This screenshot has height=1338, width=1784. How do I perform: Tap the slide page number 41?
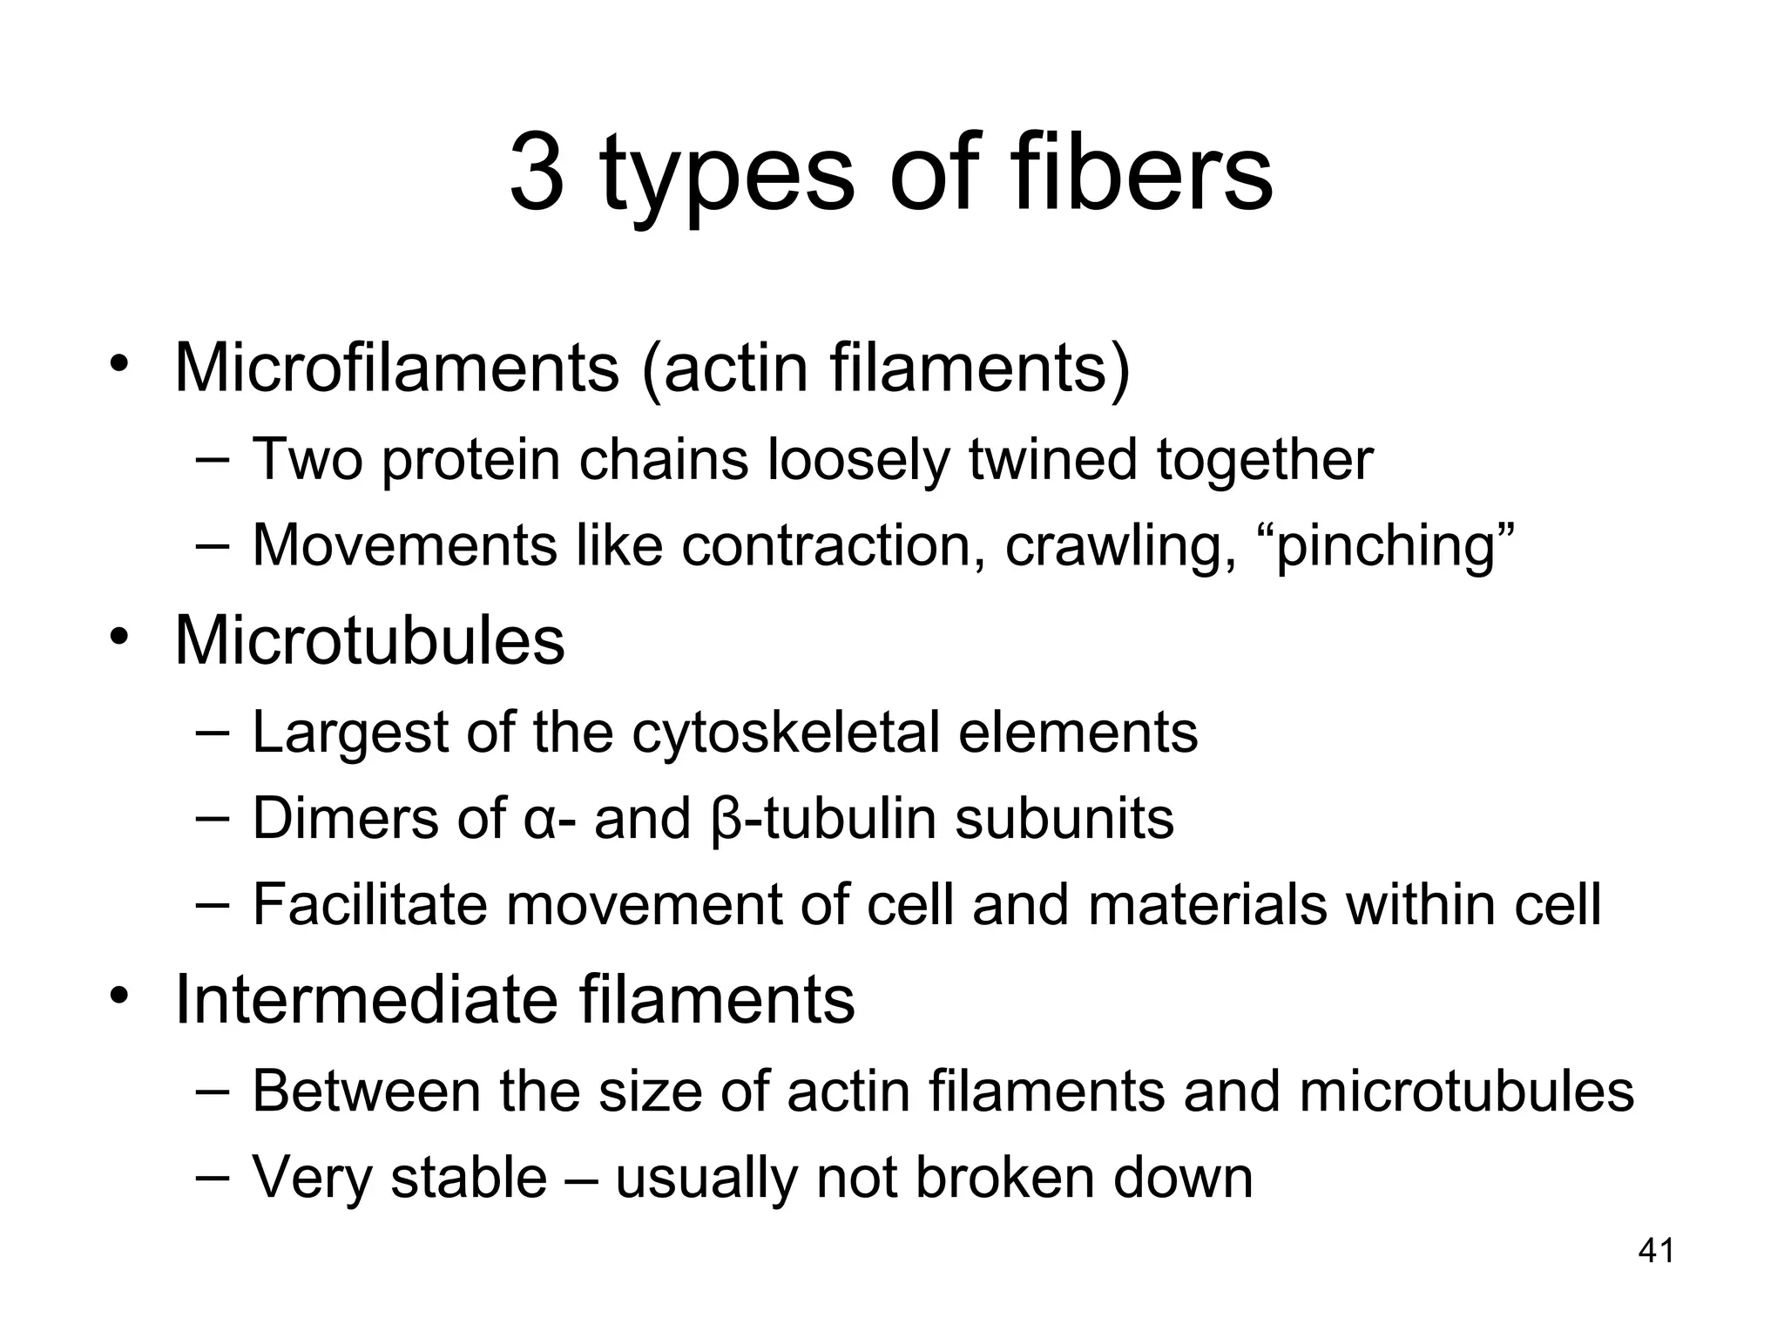click(1656, 1251)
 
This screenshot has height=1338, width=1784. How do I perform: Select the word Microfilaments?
click(397, 368)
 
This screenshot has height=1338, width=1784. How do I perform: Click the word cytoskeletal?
click(786, 732)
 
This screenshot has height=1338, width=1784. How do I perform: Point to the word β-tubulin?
click(824, 819)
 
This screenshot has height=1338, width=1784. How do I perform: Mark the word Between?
click(366, 1090)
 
